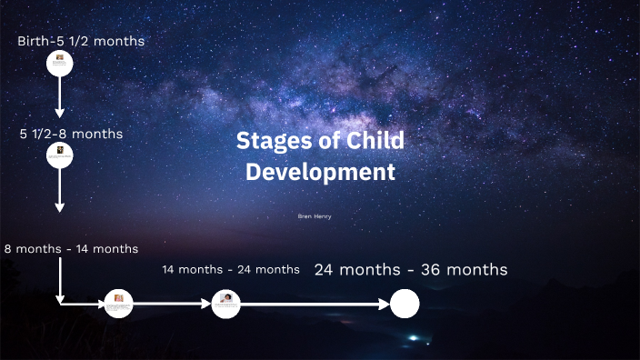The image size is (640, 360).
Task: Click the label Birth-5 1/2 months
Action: [x=81, y=41]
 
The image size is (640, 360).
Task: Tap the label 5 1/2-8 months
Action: [x=71, y=134]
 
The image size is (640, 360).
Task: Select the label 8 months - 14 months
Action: [x=71, y=248]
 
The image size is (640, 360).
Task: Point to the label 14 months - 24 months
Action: [x=231, y=269]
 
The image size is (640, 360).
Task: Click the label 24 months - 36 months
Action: [x=411, y=270]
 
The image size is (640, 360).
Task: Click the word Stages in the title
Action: [x=270, y=141]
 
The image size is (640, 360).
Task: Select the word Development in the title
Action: [x=321, y=172]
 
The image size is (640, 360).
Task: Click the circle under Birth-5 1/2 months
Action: [x=60, y=63]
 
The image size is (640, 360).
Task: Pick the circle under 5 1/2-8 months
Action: [x=60, y=155]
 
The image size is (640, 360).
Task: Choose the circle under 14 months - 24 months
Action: [x=225, y=304]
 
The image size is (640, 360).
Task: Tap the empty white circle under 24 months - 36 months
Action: [x=405, y=304]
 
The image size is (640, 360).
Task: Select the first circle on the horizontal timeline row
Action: [x=118, y=304]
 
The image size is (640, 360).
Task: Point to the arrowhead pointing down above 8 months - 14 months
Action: [x=60, y=206]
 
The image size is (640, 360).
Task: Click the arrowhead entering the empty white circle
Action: [x=385, y=304]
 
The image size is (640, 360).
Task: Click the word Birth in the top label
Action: [x=34, y=41]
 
